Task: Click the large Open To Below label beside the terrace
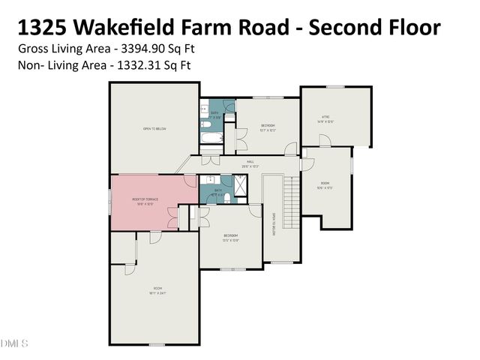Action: tap(154, 129)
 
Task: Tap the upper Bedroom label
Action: tap(268, 124)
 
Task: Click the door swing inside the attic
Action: tap(324, 140)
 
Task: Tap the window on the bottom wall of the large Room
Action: tap(156, 344)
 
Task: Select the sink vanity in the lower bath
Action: tap(210, 180)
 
